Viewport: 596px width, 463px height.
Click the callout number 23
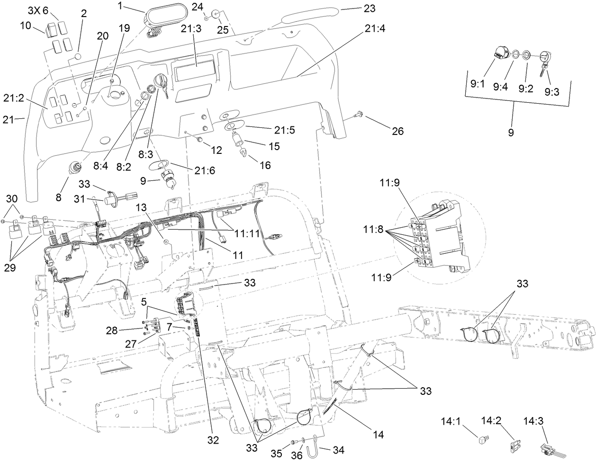tap(369, 8)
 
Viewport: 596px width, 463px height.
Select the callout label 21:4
tap(375, 28)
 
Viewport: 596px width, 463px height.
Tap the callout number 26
tap(397, 131)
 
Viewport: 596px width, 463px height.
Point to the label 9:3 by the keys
tap(552, 92)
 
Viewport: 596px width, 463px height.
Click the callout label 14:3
tap(534, 420)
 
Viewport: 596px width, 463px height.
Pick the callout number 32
tap(213, 440)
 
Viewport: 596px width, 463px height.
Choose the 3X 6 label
tap(38, 10)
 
